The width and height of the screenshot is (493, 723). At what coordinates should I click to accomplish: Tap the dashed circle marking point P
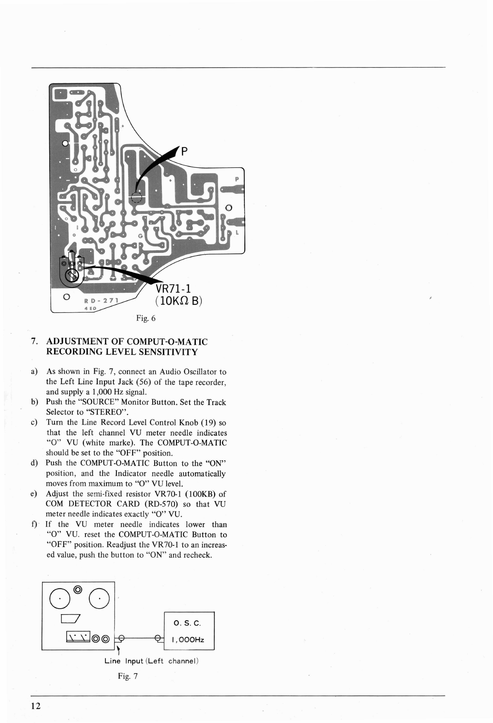coord(136,197)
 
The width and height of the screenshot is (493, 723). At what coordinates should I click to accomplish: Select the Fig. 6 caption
coord(146,318)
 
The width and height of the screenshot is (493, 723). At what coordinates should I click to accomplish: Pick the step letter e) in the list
coord(34,494)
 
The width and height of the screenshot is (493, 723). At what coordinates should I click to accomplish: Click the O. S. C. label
coord(187,624)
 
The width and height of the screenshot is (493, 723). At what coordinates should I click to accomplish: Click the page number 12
coord(36,706)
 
